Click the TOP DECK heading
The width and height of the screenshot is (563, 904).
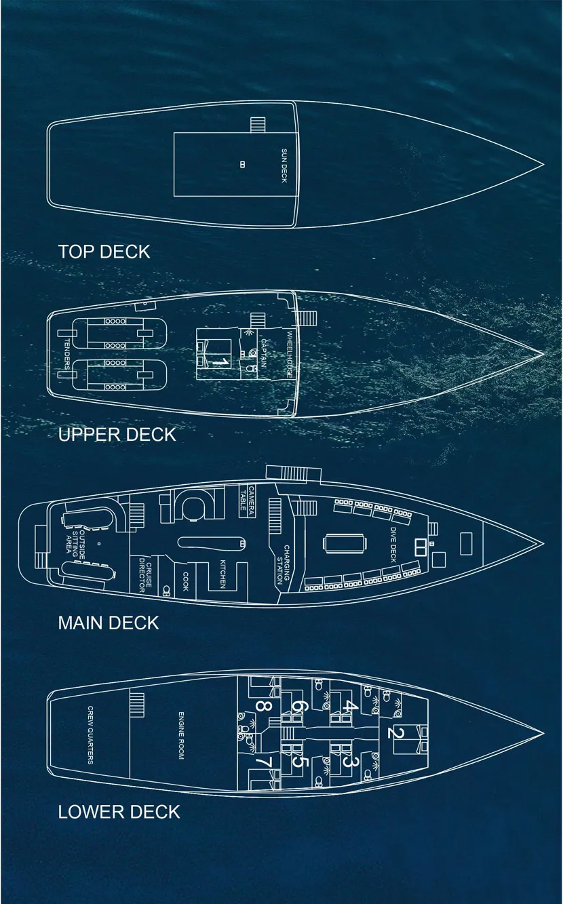pyautogui.click(x=103, y=252)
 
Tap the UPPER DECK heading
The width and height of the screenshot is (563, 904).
pyautogui.click(x=117, y=434)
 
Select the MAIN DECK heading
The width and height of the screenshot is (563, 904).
pyautogui.click(x=109, y=623)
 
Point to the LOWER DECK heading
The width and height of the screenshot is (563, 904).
pyautogui.click(x=119, y=812)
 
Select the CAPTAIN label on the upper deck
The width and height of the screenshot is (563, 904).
pyautogui.click(x=263, y=352)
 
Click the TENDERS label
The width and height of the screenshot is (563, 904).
pyautogui.click(x=66, y=354)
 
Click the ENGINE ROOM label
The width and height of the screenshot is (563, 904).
pyautogui.click(x=181, y=735)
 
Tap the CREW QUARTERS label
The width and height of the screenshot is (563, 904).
pyautogui.click(x=90, y=735)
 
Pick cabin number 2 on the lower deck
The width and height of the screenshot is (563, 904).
pyautogui.click(x=397, y=732)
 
